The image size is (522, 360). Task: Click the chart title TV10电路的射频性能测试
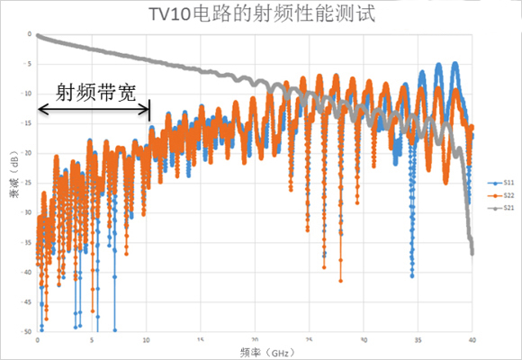tap(261, 14)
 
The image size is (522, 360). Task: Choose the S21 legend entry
tap(498, 209)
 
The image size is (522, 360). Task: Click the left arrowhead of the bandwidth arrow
tap(40, 110)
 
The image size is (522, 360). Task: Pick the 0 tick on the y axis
tap(30, 34)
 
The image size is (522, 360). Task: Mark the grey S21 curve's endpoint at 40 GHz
tap(472, 253)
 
